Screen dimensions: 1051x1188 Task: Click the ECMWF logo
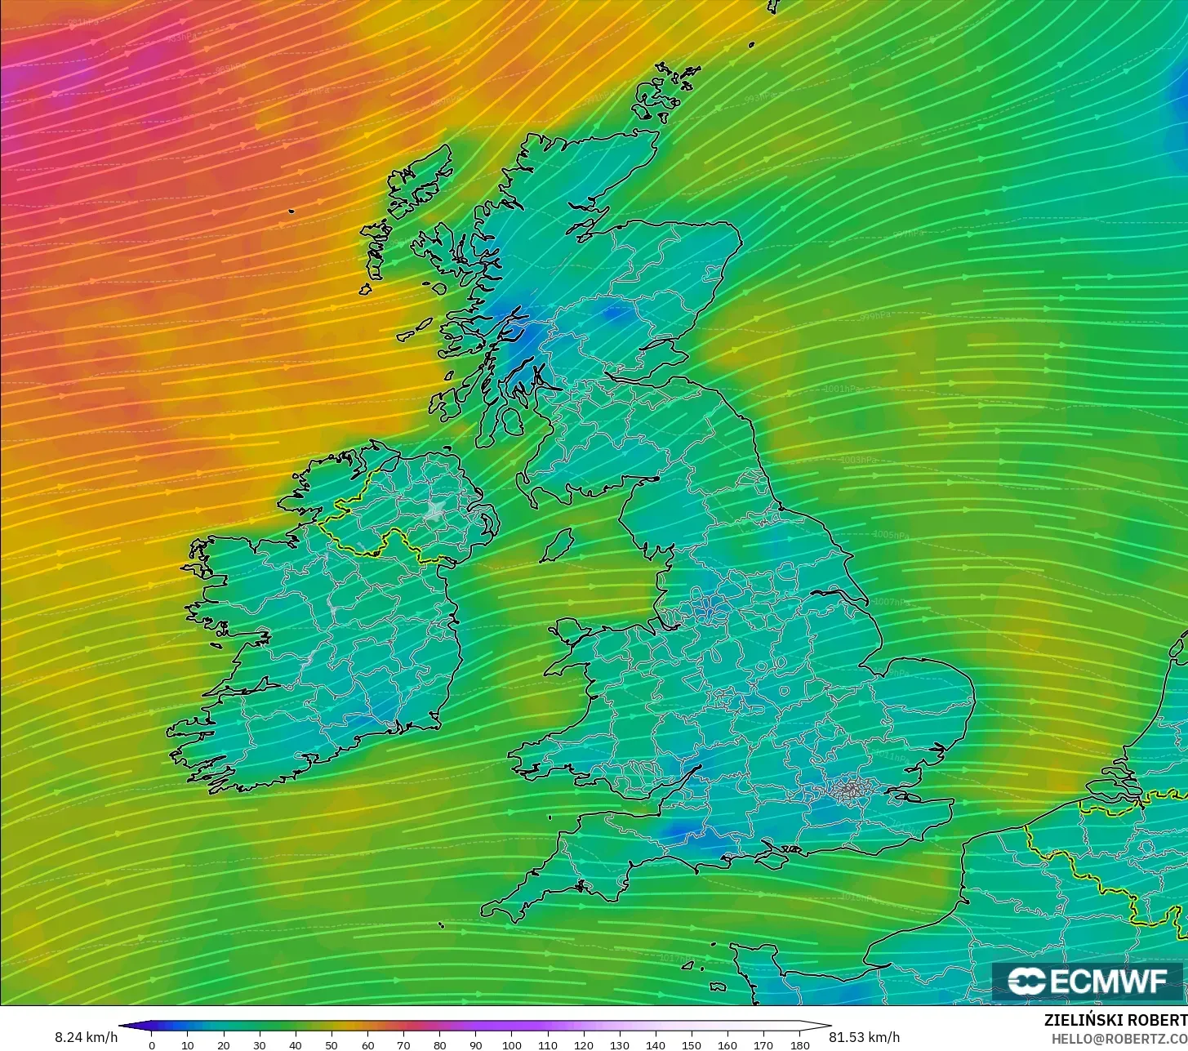click(1088, 982)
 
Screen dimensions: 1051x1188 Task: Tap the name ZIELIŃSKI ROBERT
click(1115, 1020)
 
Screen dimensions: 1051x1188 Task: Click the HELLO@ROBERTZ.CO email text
click(1119, 1038)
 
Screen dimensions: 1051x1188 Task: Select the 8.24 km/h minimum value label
click(86, 1037)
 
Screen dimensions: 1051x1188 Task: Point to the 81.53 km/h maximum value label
click(865, 1037)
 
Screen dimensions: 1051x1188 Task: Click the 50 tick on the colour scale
click(331, 1045)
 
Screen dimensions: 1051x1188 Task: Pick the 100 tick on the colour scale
click(511, 1045)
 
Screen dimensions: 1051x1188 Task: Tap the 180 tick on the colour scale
click(799, 1045)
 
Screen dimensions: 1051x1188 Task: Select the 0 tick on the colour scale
click(152, 1045)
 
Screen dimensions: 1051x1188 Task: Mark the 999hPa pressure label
click(874, 316)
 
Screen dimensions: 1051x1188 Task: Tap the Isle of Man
click(558, 545)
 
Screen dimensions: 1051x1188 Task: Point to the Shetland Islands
click(772, 7)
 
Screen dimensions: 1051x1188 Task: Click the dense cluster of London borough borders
click(852, 789)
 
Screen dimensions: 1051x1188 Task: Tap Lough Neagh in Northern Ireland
click(434, 511)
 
